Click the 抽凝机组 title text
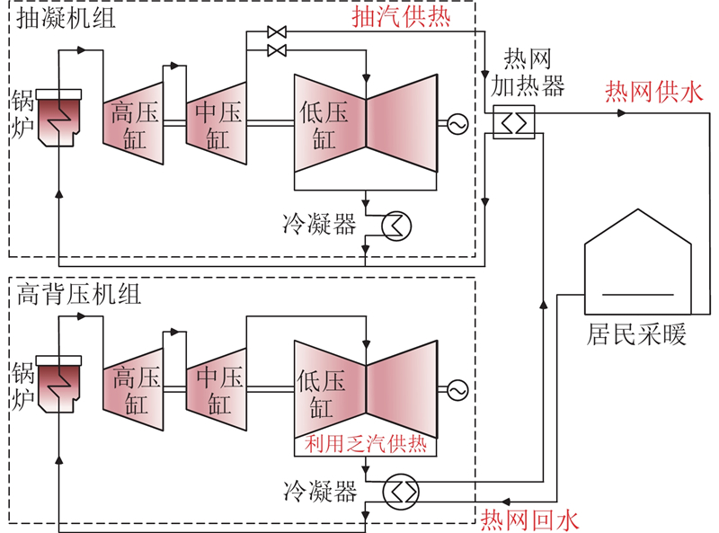(x=67, y=18)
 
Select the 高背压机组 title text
(x=79, y=295)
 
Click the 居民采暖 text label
(x=637, y=335)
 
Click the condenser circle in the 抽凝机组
(x=394, y=224)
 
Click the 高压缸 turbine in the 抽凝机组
(x=134, y=124)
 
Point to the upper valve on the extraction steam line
(x=277, y=33)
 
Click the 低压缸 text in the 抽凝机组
(x=324, y=124)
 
